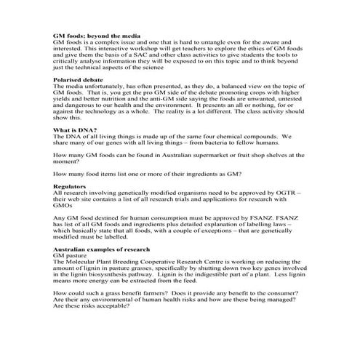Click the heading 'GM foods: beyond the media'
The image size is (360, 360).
coord(97,36)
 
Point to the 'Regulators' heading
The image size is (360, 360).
coord(70,187)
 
